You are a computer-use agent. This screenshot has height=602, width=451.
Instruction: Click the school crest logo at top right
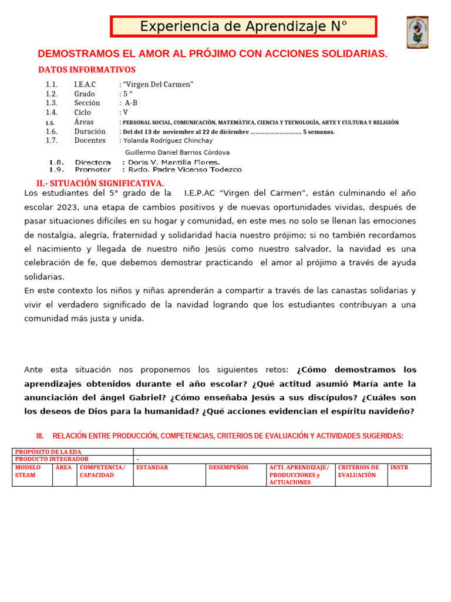coord(417,32)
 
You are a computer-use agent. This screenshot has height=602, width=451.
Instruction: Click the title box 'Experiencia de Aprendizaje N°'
coord(244,26)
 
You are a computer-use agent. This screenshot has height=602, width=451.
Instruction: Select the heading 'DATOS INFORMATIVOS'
coord(86,70)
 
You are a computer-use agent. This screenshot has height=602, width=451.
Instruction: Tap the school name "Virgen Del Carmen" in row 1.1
coord(158,85)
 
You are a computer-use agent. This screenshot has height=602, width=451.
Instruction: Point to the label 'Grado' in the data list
coord(85,94)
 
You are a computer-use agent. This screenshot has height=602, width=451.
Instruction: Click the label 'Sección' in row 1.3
coord(87,103)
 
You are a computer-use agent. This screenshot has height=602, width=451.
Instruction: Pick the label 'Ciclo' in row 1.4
coord(83,112)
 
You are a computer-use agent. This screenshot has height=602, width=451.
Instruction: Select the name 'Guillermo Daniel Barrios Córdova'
coord(178,153)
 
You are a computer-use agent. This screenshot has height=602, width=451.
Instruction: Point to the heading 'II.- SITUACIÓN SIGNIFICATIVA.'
coord(100,183)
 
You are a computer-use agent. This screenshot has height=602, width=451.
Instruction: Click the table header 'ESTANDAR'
coord(152,468)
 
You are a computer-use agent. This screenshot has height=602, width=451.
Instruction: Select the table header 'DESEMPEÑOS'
coord(228,468)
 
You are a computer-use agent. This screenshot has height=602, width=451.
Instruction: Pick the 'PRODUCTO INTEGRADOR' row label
coord(52,459)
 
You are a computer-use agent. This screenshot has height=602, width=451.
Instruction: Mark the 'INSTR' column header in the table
coord(399,468)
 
